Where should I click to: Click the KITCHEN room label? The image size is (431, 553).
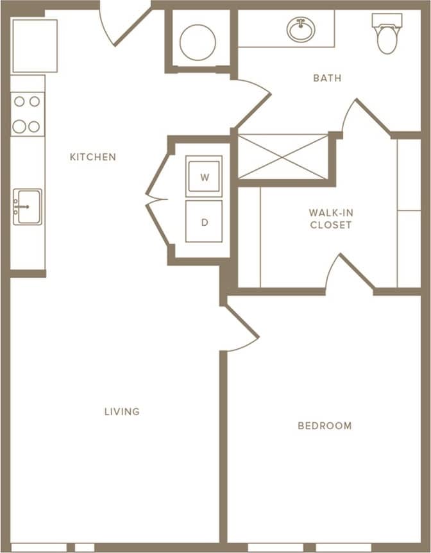coord(93,157)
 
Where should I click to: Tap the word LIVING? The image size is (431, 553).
coord(122,411)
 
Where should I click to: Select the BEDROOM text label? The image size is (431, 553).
coord(325,425)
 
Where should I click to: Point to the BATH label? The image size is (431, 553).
coord(327,78)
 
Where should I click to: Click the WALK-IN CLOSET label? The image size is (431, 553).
coord(330,219)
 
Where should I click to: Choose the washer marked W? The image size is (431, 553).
coord(204,176)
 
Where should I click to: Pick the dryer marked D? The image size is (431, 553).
coord(204,221)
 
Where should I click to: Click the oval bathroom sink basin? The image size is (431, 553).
coord(301,30)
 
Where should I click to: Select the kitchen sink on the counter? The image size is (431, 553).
coord(28,207)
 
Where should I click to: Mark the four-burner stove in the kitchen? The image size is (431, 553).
coord(27,114)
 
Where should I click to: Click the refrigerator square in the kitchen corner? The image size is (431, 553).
coord(35,46)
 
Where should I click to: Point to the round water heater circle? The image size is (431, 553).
coord(198,42)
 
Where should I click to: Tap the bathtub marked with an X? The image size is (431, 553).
coord(283,156)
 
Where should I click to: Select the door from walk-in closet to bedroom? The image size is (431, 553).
coord(350,273)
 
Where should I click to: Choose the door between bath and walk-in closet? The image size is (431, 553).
coord(366,116)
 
